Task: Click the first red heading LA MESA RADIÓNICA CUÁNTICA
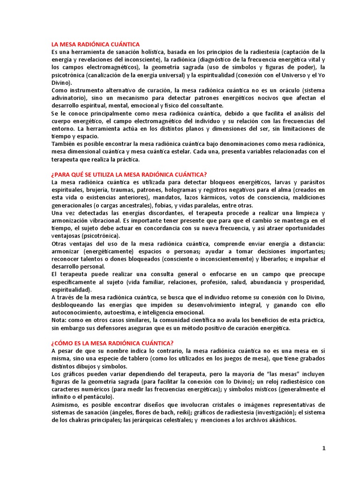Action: click(96, 44)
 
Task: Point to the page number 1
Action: click(323, 448)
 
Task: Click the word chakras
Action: click(72, 420)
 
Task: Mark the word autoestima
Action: click(120, 312)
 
